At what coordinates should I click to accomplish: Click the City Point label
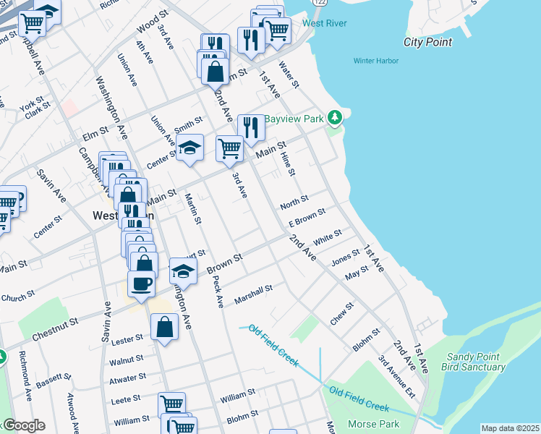coord(427,42)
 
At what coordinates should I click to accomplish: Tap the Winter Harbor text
coord(375,61)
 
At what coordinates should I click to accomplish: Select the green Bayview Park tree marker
coord(334,117)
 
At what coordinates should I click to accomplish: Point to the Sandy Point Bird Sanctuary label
coord(475,362)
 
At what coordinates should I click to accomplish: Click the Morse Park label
coord(369,423)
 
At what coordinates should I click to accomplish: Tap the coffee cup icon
coord(141,284)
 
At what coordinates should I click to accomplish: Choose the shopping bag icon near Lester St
coord(165,328)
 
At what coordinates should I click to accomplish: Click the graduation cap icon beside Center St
coord(189,149)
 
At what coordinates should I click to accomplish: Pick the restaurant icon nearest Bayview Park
coord(251,128)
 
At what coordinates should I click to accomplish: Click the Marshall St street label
coord(253,294)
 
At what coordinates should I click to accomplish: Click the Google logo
coord(23,425)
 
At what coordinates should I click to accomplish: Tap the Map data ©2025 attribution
coord(510,428)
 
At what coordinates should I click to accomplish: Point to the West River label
coord(324,23)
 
